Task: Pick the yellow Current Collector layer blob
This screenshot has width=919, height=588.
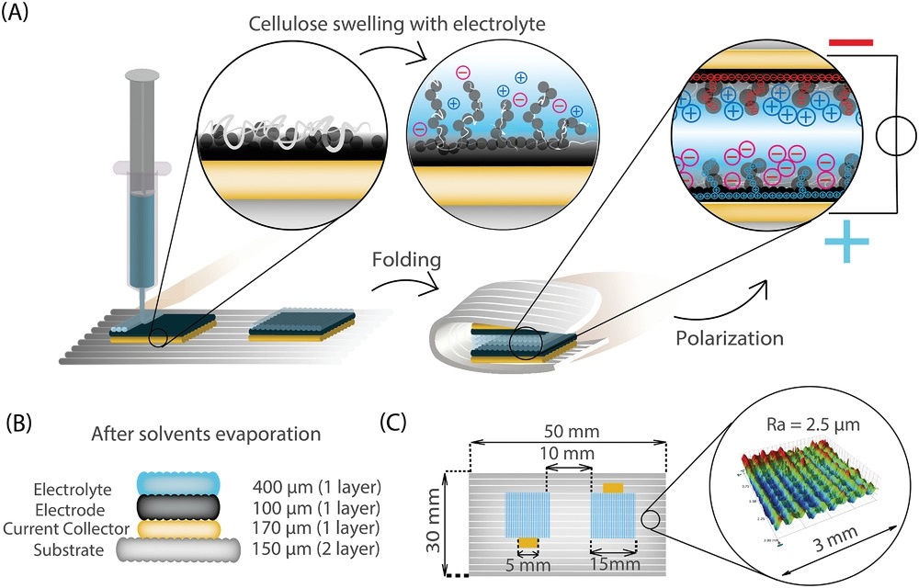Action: point(175,529)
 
